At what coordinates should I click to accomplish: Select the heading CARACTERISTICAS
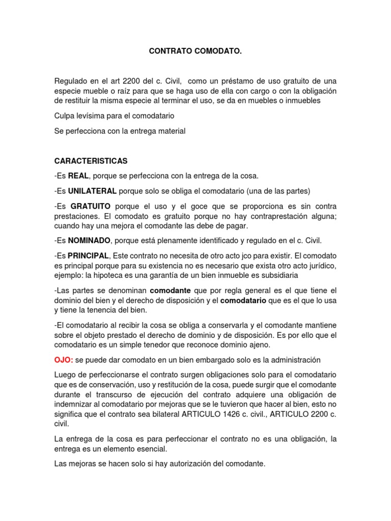click(91, 161)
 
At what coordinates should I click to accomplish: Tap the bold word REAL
click(78, 176)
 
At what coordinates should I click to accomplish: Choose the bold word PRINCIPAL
click(89, 255)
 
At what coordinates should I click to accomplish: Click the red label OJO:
click(64, 360)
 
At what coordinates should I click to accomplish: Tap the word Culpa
click(64, 116)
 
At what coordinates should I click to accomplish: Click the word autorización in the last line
click(188, 464)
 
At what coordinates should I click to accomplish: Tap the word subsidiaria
click(280, 275)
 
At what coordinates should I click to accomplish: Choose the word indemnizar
click(74, 404)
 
